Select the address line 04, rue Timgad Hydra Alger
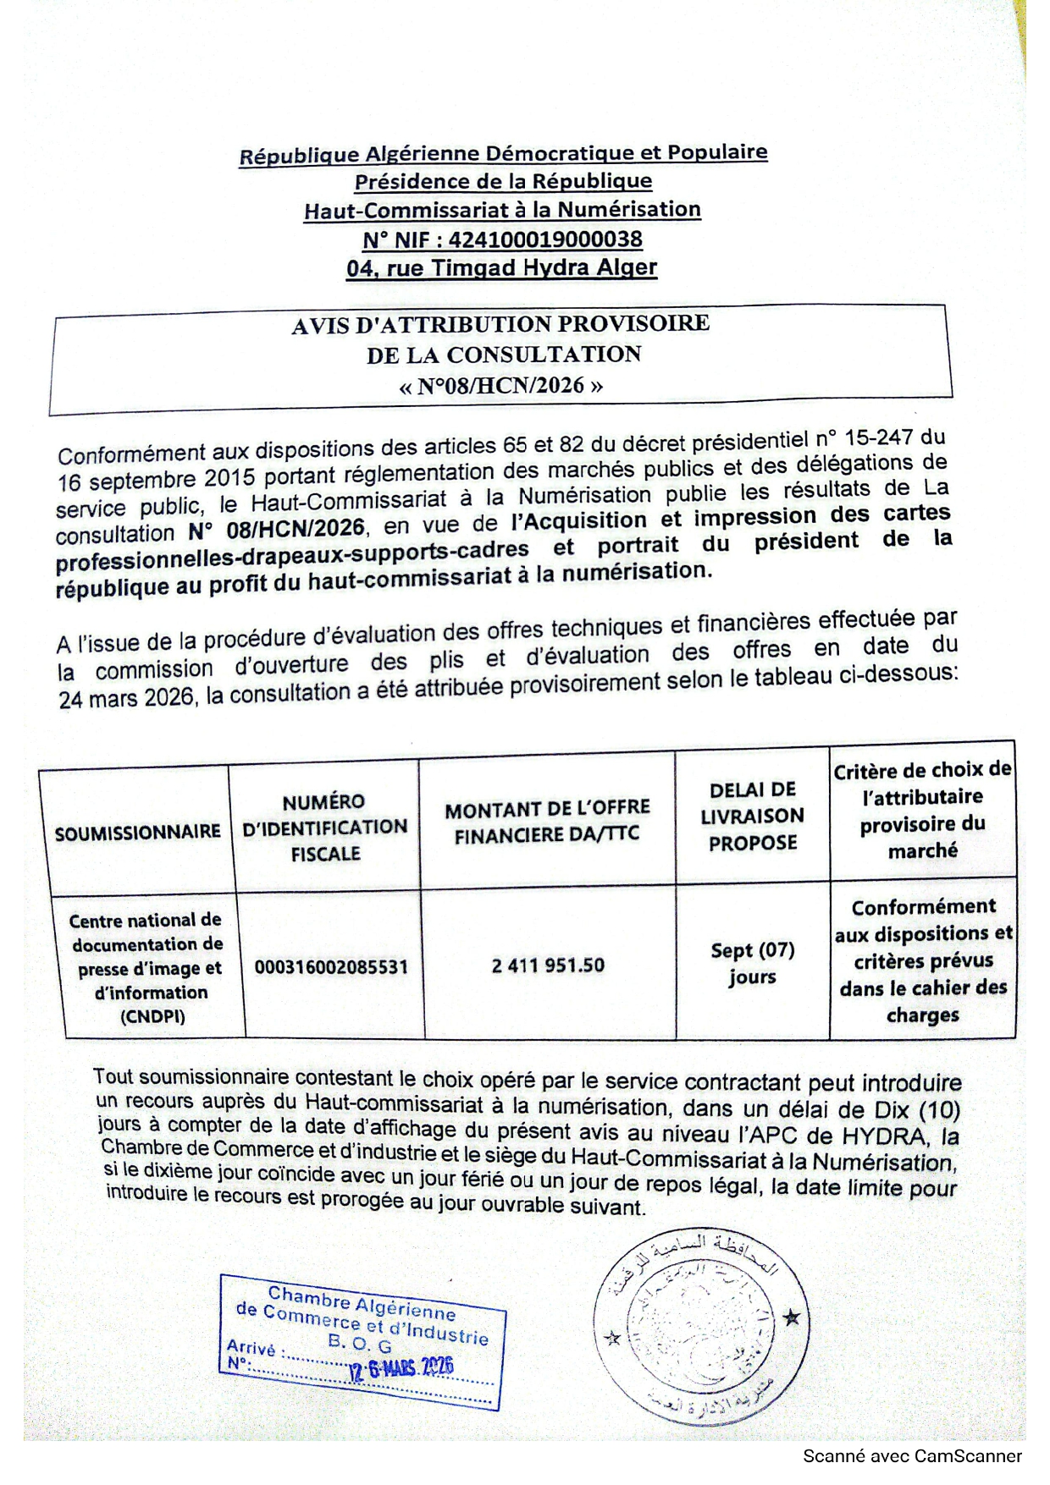[x=501, y=268]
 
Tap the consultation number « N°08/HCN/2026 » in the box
[x=501, y=386]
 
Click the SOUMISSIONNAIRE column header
[x=137, y=833]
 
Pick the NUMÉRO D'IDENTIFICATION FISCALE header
[x=325, y=827]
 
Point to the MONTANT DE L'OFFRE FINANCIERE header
[x=547, y=822]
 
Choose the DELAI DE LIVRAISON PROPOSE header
[x=752, y=816]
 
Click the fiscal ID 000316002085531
[x=331, y=966]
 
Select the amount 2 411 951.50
[x=548, y=965]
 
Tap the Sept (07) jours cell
[x=752, y=963]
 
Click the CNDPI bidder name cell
[x=147, y=968]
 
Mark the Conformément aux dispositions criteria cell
[x=923, y=960]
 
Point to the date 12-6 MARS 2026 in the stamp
[x=401, y=1367]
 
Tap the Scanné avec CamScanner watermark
[x=911, y=1456]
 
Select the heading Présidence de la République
[x=503, y=181]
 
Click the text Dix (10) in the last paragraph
[x=917, y=1109]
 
